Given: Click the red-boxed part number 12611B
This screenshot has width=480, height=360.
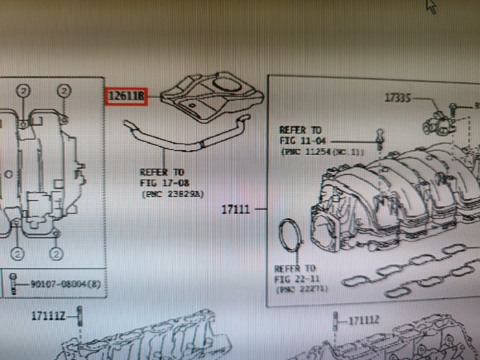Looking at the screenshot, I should (125, 96).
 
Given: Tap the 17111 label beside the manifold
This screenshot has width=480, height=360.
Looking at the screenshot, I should (236, 210).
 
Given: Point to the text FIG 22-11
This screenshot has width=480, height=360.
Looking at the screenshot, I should (294, 278).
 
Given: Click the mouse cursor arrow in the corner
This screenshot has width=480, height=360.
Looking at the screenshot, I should (431, 6).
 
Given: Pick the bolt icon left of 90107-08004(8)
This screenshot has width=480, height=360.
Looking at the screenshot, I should (13, 282).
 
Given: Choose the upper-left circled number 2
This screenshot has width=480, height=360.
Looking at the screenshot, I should (22, 91).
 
